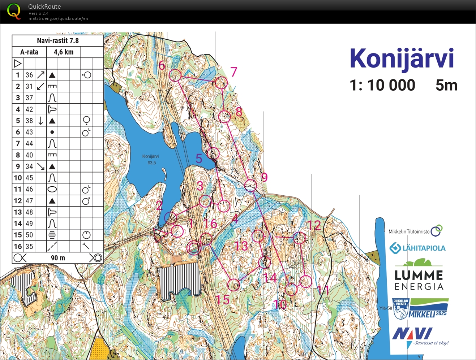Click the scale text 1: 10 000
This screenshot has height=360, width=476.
click(x=382, y=86)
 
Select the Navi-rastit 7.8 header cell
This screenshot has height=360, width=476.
click(x=58, y=40)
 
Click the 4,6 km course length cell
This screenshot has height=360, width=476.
click(x=64, y=52)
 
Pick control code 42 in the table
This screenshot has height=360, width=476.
click(x=29, y=109)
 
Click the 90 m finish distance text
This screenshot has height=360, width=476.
click(x=58, y=258)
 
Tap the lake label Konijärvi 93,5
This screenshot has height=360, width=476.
click(x=151, y=159)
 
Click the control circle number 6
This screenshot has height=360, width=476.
click(x=175, y=75)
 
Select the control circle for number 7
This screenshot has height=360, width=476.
click(x=221, y=83)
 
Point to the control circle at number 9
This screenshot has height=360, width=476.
click(x=250, y=186)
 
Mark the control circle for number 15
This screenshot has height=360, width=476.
click(x=234, y=285)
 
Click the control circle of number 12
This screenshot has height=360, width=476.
click(x=300, y=238)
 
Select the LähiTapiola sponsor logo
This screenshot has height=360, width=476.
click(x=417, y=248)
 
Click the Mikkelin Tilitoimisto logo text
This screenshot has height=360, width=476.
click(x=409, y=231)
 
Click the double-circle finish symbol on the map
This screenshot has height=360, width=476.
click(x=194, y=248)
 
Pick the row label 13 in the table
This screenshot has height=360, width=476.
click(x=18, y=212)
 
